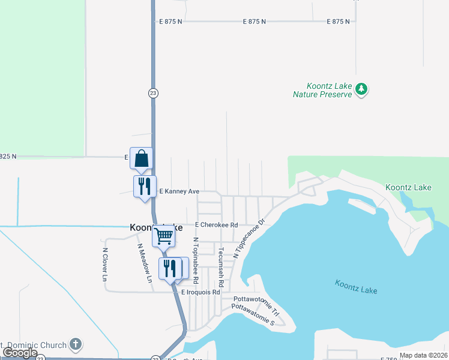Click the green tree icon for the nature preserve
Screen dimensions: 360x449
click(x=361, y=89)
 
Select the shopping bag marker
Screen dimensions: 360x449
click(x=141, y=159)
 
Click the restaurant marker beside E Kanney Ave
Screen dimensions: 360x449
click(x=144, y=187)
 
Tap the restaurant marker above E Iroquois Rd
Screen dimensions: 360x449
click(x=169, y=268)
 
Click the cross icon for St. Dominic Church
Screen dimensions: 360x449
click(x=75, y=344)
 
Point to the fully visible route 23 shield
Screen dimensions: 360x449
click(x=154, y=93)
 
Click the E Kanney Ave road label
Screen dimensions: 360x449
click(x=178, y=191)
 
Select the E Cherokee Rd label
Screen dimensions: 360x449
click(x=216, y=224)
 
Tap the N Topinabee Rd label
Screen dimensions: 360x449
click(x=196, y=260)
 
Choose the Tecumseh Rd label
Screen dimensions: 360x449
click(x=221, y=266)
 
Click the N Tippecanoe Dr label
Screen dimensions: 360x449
click(x=249, y=238)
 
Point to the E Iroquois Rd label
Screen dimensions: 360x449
click(x=201, y=292)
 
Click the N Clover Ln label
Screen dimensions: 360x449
click(x=104, y=265)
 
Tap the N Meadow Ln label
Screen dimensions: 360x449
click(x=145, y=263)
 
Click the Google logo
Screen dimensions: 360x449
click(x=20, y=352)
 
